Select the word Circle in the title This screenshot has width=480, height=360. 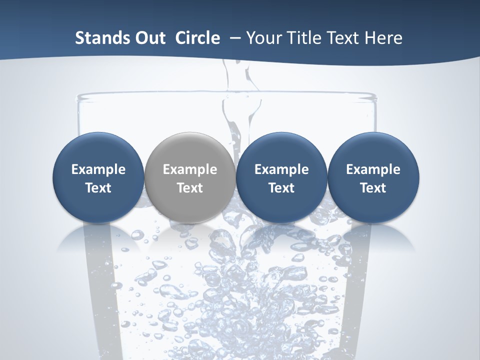coord(197,38)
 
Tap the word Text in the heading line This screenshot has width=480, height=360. coord(344,38)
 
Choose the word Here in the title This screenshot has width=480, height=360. coord(385,38)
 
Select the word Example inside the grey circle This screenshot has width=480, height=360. coord(189,169)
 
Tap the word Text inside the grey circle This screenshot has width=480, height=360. coord(189,188)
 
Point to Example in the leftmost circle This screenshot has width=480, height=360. coord(98,169)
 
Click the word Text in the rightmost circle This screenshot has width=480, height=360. coord(373,188)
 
